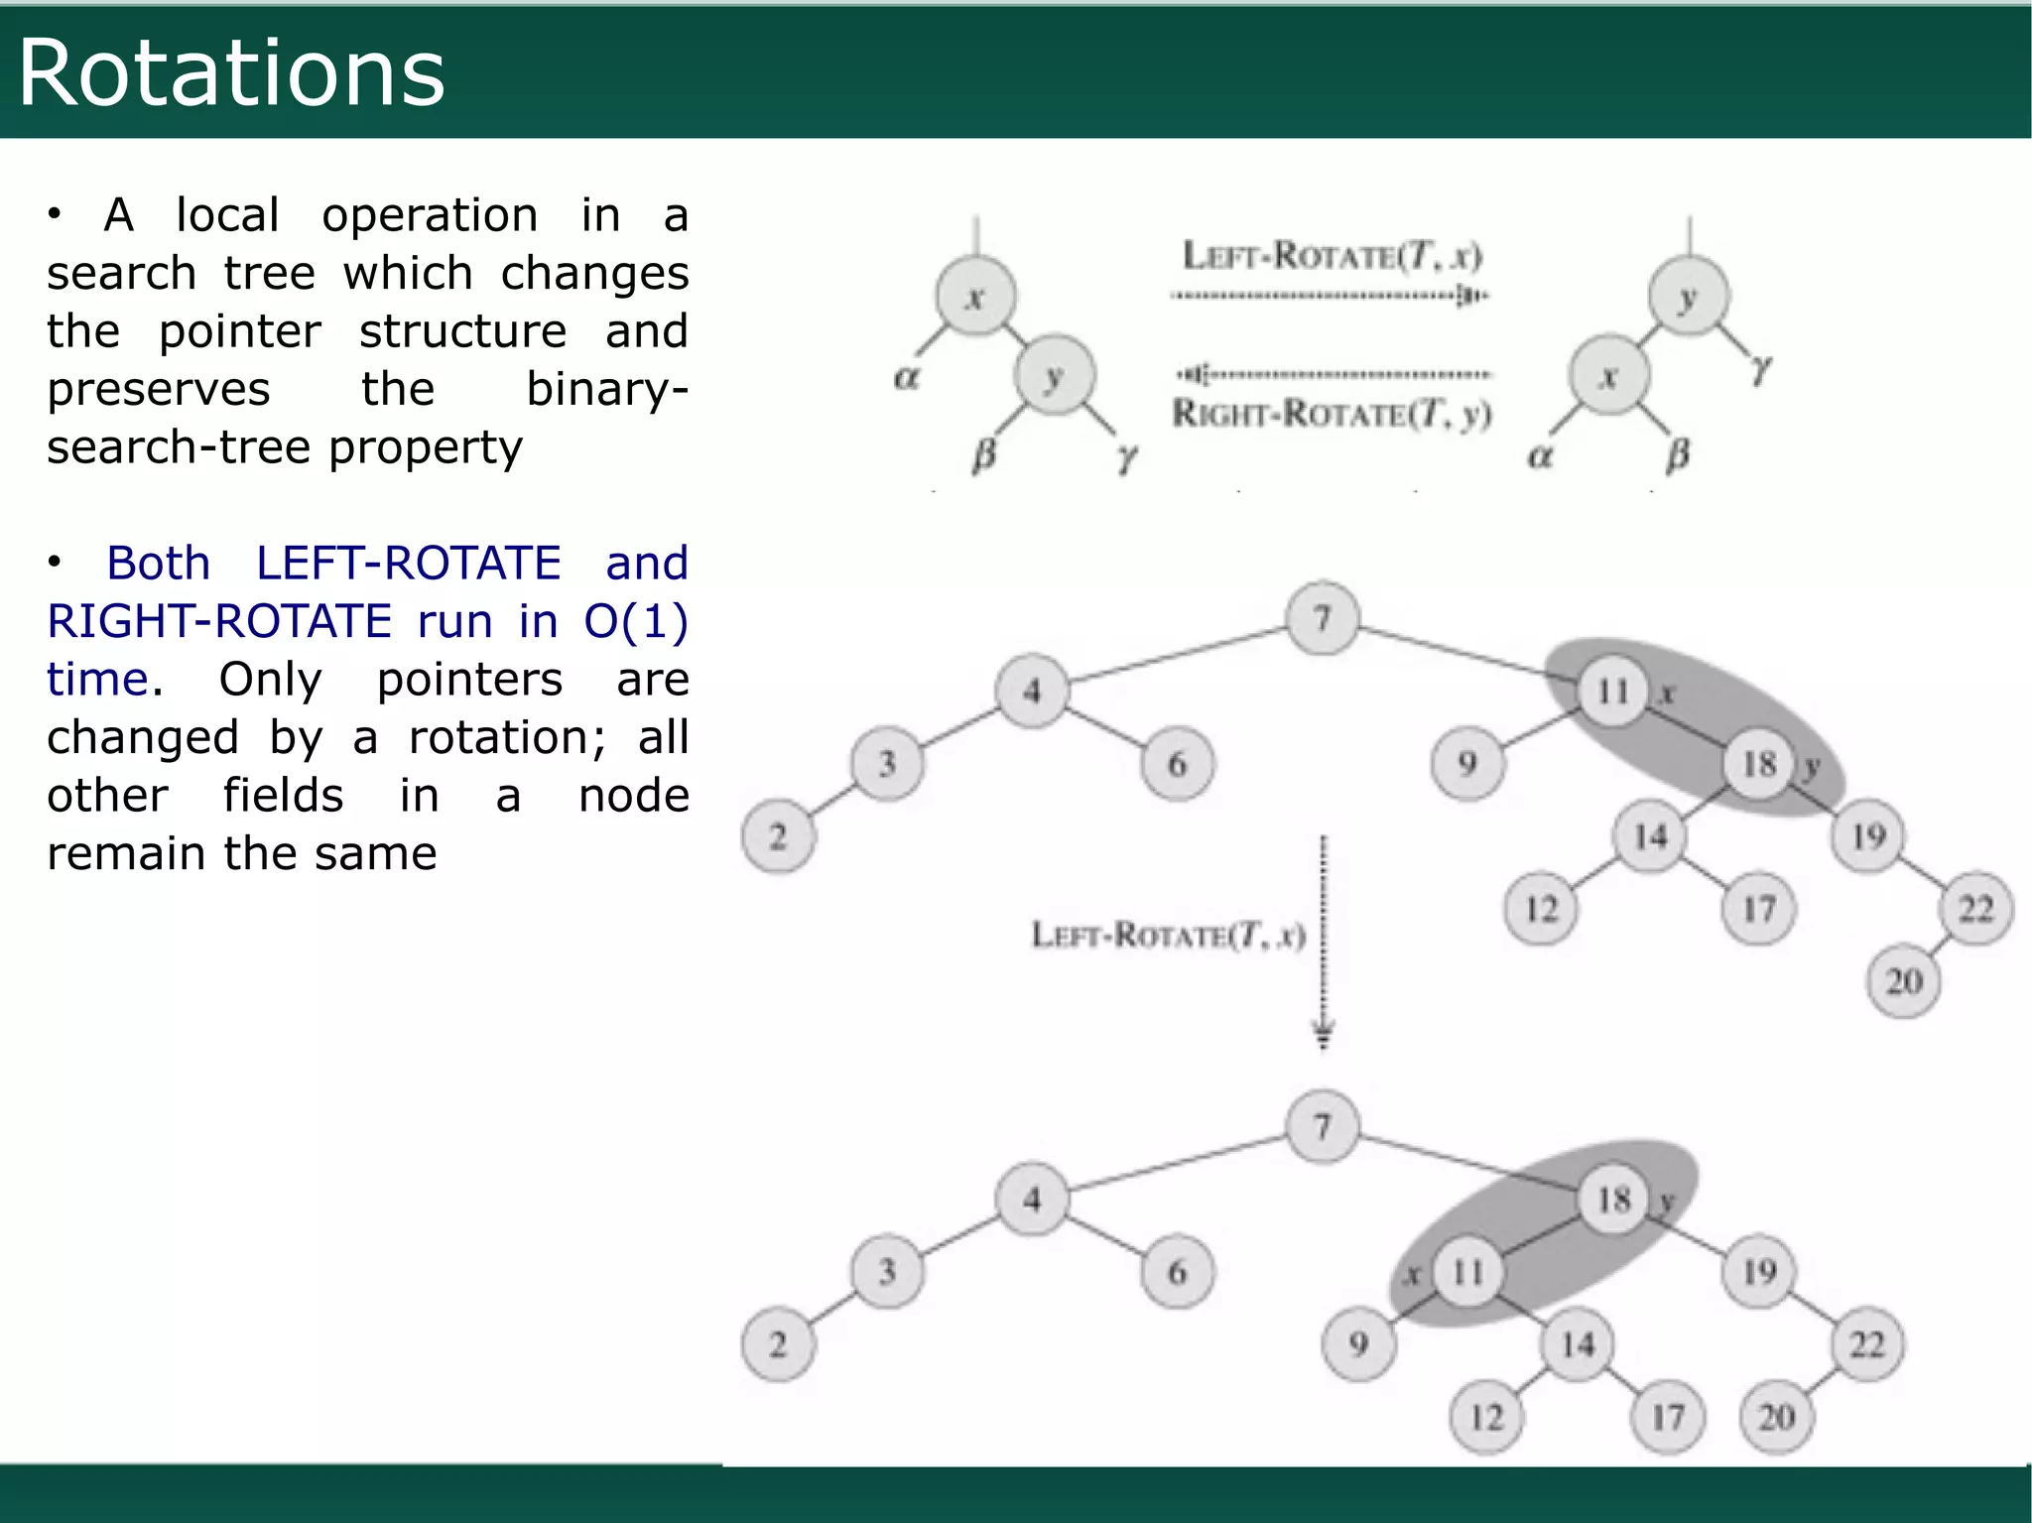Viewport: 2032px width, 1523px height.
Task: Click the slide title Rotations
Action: [231, 72]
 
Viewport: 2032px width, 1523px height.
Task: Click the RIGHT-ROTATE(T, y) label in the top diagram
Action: [1332, 413]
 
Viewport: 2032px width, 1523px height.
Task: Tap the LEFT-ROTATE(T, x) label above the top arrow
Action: [1332, 256]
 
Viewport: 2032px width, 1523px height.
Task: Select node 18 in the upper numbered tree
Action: [1759, 763]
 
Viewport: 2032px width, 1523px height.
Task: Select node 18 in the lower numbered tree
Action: [1613, 1200]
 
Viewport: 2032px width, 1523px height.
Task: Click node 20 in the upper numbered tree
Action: [1903, 981]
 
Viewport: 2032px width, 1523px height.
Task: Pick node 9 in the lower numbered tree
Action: [1358, 1344]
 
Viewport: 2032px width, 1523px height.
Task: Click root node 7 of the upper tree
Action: [1322, 619]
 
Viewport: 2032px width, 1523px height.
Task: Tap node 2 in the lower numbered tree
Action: [778, 1344]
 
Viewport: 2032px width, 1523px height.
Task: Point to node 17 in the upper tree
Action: [1758, 909]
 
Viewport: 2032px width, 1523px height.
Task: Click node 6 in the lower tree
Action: [1177, 1272]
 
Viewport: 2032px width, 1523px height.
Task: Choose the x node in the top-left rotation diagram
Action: [975, 296]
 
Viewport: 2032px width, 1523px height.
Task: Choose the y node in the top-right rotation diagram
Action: [1688, 297]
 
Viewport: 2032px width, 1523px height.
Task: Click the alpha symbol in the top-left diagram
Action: [907, 377]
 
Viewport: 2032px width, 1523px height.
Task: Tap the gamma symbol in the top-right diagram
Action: [1760, 369]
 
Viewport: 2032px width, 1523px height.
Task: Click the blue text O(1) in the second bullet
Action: [635, 621]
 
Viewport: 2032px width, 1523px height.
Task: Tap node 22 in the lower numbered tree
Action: [1866, 1344]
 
